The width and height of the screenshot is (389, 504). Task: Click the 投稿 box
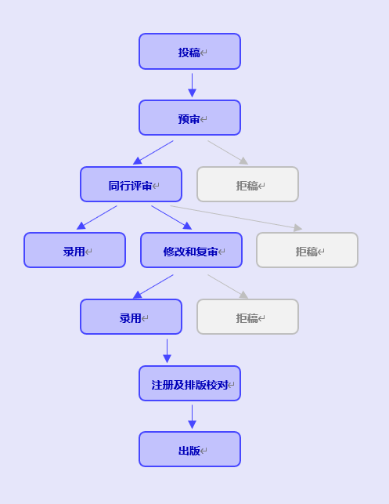pyautogui.click(x=189, y=52)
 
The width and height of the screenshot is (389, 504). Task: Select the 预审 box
pyautogui.click(x=189, y=118)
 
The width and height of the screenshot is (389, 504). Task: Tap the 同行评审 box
pyautogui.click(x=131, y=184)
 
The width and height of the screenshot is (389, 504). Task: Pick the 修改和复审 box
pyautogui.click(x=191, y=250)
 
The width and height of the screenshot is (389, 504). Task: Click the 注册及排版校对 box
pyautogui.click(x=189, y=383)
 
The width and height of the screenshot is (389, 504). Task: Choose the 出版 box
pyautogui.click(x=189, y=449)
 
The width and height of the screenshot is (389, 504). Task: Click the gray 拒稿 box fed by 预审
pyautogui.click(x=248, y=184)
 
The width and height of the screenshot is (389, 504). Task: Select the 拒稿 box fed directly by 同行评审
pyautogui.click(x=307, y=250)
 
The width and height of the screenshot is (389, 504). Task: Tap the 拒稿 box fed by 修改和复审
pyautogui.click(x=248, y=317)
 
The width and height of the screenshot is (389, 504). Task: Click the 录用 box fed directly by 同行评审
pyautogui.click(x=74, y=250)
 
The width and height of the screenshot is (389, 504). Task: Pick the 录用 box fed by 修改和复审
pyautogui.click(x=131, y=317)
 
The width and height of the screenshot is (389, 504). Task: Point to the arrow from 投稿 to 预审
pyautogui.click(x=193, y=85)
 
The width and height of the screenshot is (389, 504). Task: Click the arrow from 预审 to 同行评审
pyautogui.click(x=153, y=152)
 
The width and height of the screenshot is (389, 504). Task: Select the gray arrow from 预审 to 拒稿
pyautogui.click(x=228, y=152)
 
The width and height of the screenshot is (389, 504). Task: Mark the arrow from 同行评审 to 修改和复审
pyautogui.click(x=171, y=218)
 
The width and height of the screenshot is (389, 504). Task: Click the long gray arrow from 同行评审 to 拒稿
pyautogui.click(x=236, y=218)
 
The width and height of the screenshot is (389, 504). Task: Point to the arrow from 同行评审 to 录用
pyautogui.click(x=96, y=218)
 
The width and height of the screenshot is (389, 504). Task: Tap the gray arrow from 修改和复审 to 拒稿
pyautogui.click(x=228, y=286)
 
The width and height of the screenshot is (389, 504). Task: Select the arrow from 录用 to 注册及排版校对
pyautogui.click(x=167, y=351)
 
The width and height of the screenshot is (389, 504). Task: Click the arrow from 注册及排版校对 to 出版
pyautogui.click(x=193, y=417)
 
